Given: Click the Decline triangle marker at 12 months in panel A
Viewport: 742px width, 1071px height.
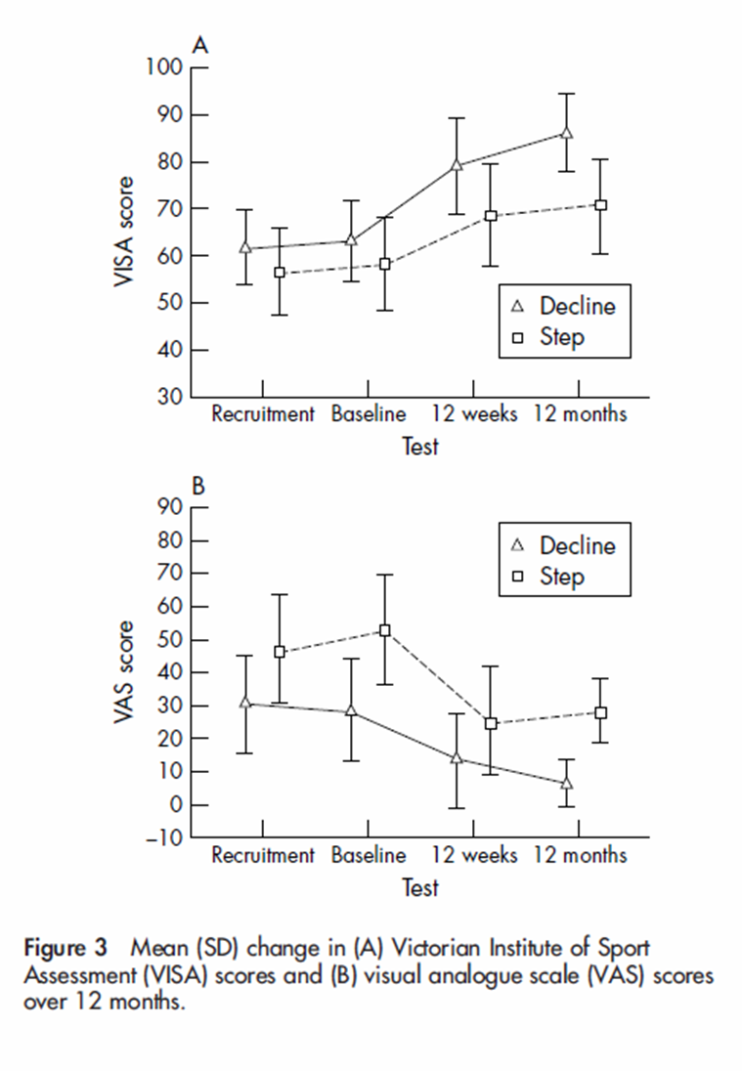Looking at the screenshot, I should pyautogui.click(x=566, y=133).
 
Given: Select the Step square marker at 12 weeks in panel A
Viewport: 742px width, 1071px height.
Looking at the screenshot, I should pyautogui.click(x=491, y=216).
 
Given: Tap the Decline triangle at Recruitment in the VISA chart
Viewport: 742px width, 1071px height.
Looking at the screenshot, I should pyautogui.click(x=245, y=248).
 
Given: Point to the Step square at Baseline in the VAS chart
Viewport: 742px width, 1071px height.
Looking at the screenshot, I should pyautogui.click(x=384, y=631).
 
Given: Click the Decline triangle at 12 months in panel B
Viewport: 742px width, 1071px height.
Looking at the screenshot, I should pyautogui.click(x=566, y=784).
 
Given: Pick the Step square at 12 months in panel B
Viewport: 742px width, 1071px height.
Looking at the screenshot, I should pyautogui.click(x=600, y=713).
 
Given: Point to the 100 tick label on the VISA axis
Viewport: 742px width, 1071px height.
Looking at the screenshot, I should pyautogui.click(x=165, y=68).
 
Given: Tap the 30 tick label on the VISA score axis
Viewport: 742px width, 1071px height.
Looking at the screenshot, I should pyautogui.click(x=171, y=397).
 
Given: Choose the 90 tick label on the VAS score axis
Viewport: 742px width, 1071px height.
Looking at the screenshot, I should pyautogui.click(x=171, y=507).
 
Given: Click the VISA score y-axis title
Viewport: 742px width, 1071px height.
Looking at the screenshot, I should pyautogui.click(x=125, y=232).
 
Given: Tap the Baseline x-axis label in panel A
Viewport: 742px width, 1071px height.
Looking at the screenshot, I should pyautogui.click(x=369, y=414).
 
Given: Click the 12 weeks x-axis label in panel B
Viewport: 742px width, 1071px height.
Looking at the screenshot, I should pyautogui.click(x=474, y=856).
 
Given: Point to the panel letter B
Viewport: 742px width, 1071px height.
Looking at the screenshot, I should pyautogui.click(x=198, y=486).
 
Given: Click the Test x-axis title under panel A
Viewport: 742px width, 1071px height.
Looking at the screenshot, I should pyautogui.click(x=420, y=447).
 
